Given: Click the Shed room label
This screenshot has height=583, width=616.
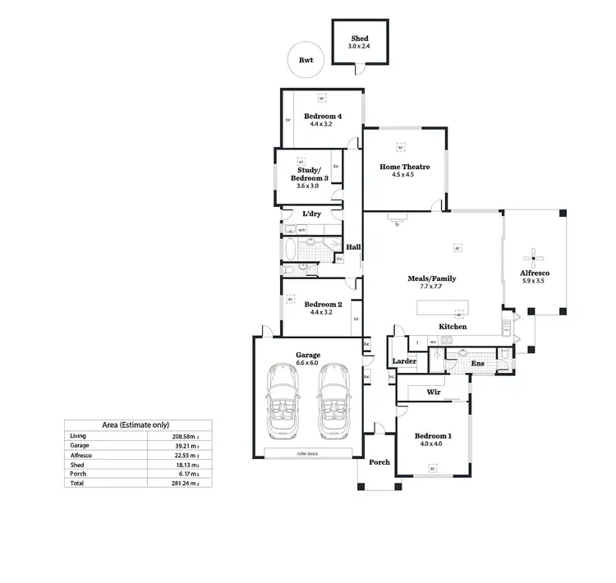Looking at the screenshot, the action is pos(360,39).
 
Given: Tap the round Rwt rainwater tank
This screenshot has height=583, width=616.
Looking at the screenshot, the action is pos(306,60).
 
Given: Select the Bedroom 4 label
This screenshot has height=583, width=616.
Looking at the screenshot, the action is pos(323,117).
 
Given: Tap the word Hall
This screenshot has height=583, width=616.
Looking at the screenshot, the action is pos(354,247).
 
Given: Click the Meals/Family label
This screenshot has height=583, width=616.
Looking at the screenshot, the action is pos(431,278).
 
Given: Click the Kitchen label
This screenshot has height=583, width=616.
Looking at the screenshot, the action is pos(453,327).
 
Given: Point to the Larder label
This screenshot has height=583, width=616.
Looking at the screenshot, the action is pos(403,361).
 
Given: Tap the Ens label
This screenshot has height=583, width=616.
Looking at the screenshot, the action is pos(477,362).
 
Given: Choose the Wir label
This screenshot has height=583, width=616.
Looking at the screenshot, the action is pos(434,392).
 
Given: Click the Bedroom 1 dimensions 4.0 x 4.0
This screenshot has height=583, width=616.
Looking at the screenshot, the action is pos(432,443).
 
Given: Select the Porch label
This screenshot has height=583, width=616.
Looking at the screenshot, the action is pos(379,462).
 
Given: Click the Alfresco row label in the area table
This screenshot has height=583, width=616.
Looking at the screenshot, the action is pos(81,455).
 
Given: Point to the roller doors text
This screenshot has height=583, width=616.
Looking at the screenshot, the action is pos(308,453).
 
